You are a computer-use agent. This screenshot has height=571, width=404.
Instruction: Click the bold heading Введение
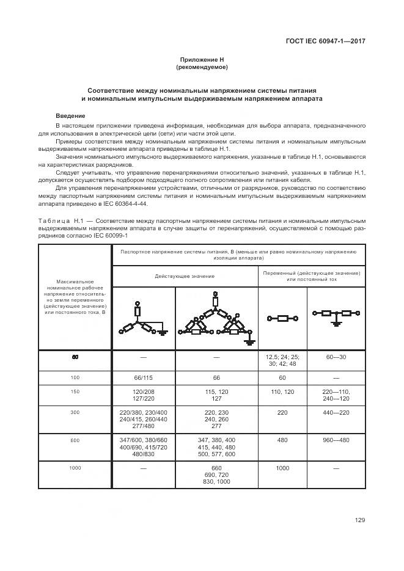coord(70,116)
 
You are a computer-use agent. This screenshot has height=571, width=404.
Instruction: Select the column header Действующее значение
coord(185,276)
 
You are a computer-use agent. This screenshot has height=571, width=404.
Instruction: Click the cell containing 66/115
coord(144,377)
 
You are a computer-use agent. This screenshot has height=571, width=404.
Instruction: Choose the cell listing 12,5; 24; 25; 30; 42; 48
coord(282,360)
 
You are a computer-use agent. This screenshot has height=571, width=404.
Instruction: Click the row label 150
coord(75,391)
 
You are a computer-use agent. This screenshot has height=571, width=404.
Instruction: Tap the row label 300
coord(75,412)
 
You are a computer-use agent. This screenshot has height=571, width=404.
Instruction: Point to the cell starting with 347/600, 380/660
coord(144,447)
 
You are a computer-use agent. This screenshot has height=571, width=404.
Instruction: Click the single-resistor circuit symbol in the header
coord(282,318)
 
